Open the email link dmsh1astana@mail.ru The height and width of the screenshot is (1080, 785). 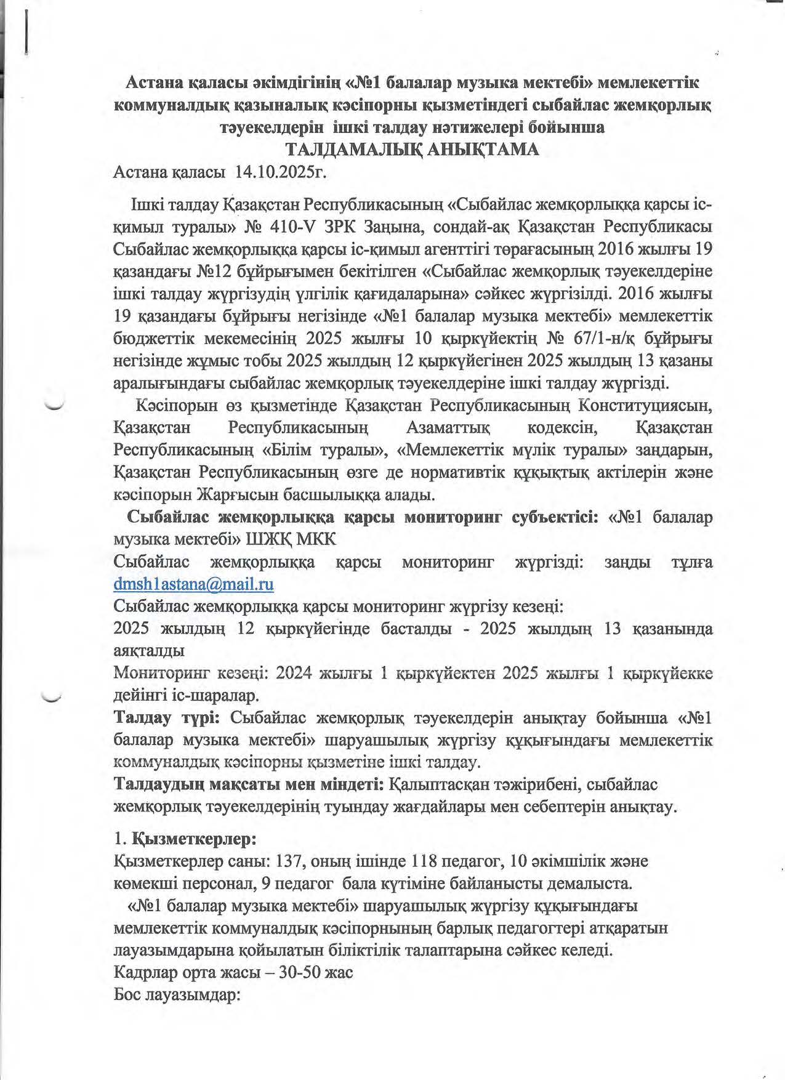[193, 584]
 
